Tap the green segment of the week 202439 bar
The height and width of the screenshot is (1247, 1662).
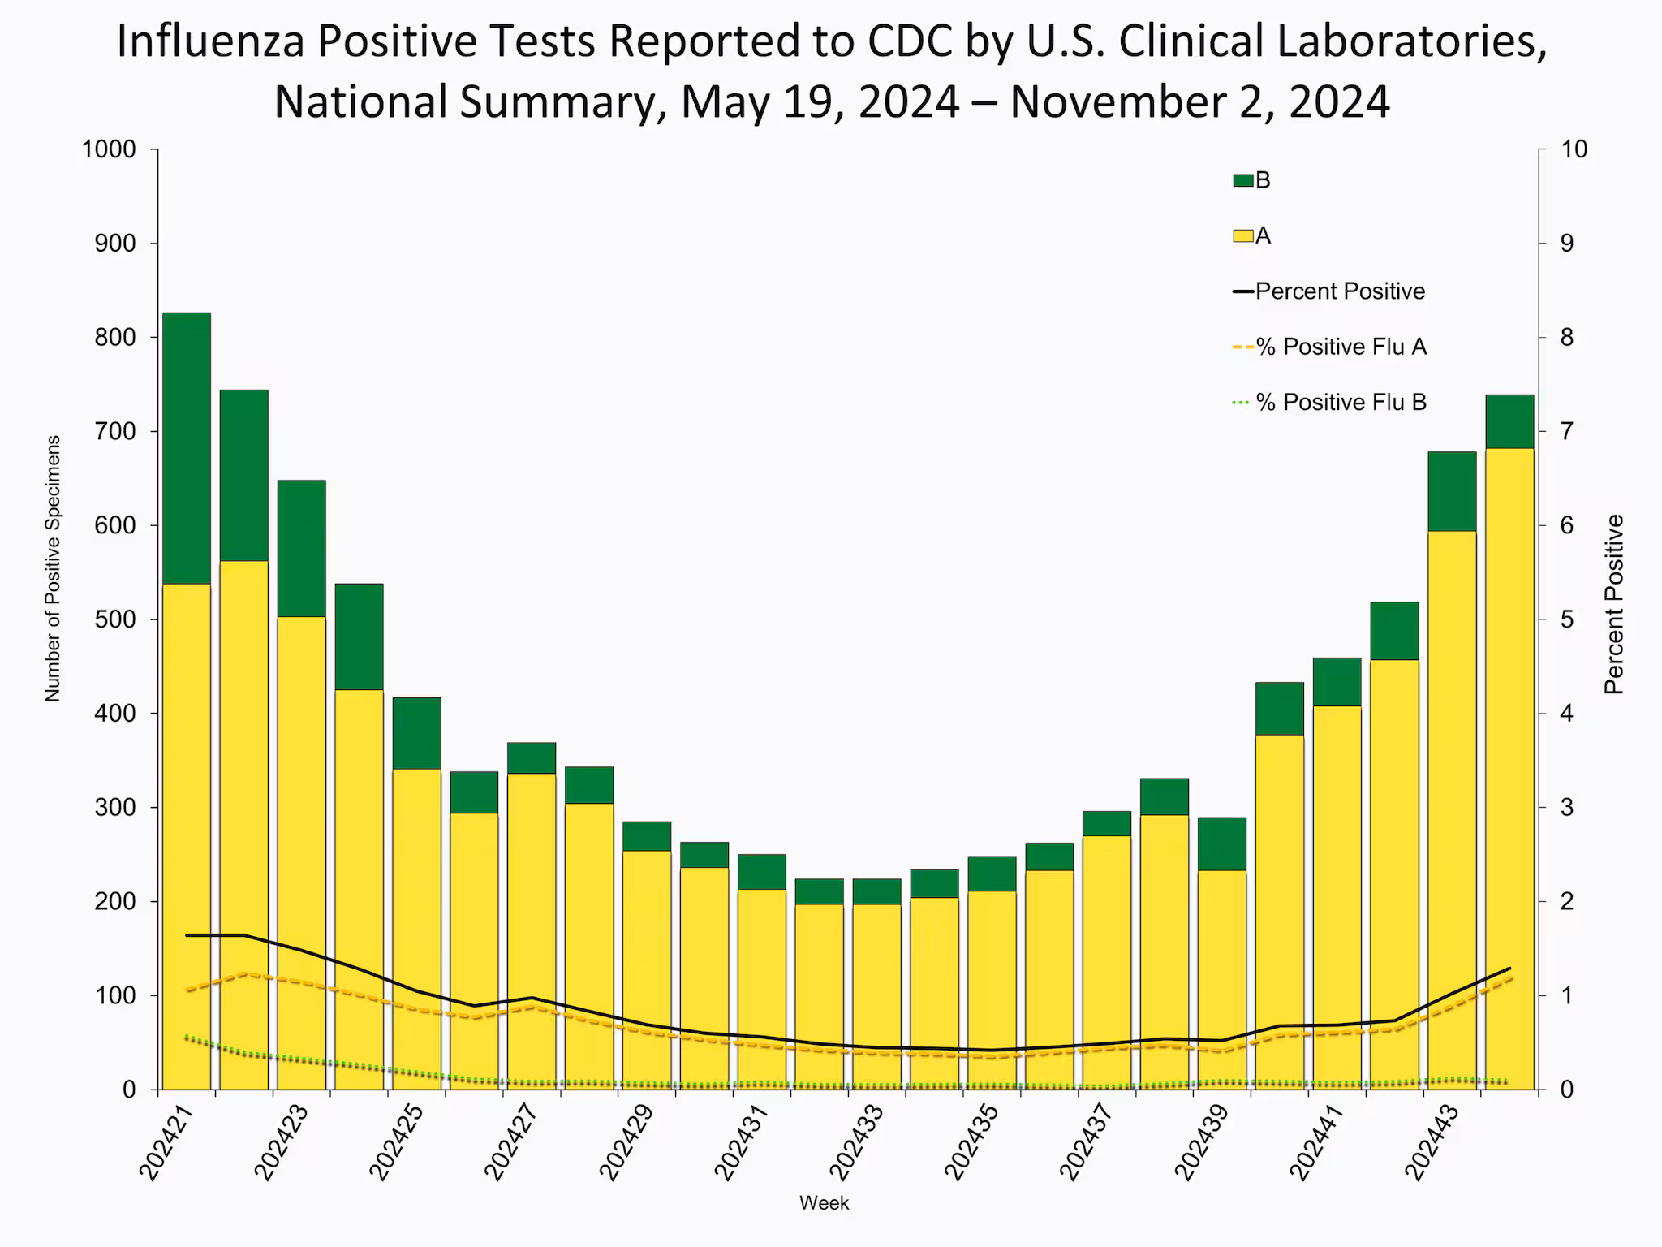1222,844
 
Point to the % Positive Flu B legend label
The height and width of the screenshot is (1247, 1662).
1341,403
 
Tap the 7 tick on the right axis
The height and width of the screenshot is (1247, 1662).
1567,431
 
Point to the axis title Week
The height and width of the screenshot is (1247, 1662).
824,1203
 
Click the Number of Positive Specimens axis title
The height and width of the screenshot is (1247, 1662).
53,568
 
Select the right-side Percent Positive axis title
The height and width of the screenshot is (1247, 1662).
1614,605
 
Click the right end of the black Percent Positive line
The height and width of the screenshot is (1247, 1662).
1509,969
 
